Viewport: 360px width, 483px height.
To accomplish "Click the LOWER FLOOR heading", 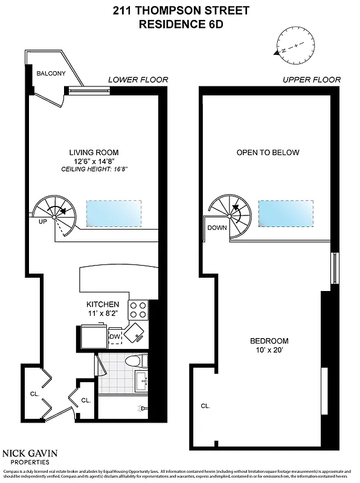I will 138,80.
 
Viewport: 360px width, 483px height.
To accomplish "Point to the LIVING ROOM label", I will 94,152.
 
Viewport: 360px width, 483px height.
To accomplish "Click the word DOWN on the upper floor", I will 217,228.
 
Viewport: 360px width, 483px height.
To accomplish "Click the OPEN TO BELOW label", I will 268,152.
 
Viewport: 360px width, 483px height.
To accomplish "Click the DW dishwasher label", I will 115,337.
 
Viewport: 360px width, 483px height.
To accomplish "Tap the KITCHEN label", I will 103,304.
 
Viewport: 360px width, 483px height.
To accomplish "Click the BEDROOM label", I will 269,341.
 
